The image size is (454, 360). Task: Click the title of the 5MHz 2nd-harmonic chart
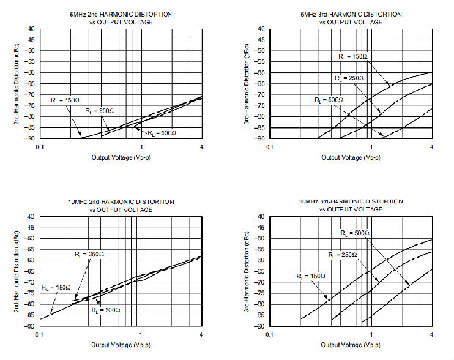click(x=121, y=18)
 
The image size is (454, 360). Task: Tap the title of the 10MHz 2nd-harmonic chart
click(x=121, y=205)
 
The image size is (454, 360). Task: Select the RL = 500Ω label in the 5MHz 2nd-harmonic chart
click(x=162, y=133)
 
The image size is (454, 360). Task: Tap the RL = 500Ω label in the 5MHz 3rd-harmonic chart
click(x=327, y=100)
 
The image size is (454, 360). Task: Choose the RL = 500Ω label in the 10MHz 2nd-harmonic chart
click(x=105, y=310)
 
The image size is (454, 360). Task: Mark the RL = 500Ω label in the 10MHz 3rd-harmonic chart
click(x=355, y=233)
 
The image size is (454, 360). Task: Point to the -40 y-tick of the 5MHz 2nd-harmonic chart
click(x=31, y=29)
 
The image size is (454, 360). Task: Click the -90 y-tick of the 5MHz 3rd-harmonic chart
click(x=258, y=139)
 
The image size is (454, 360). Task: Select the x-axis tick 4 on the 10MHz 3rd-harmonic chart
click(x=431, y=334)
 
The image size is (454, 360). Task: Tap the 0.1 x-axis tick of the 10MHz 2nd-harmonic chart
click(x=40, y=334)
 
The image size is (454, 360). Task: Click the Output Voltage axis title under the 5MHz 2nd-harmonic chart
click(x=121, y=157)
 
